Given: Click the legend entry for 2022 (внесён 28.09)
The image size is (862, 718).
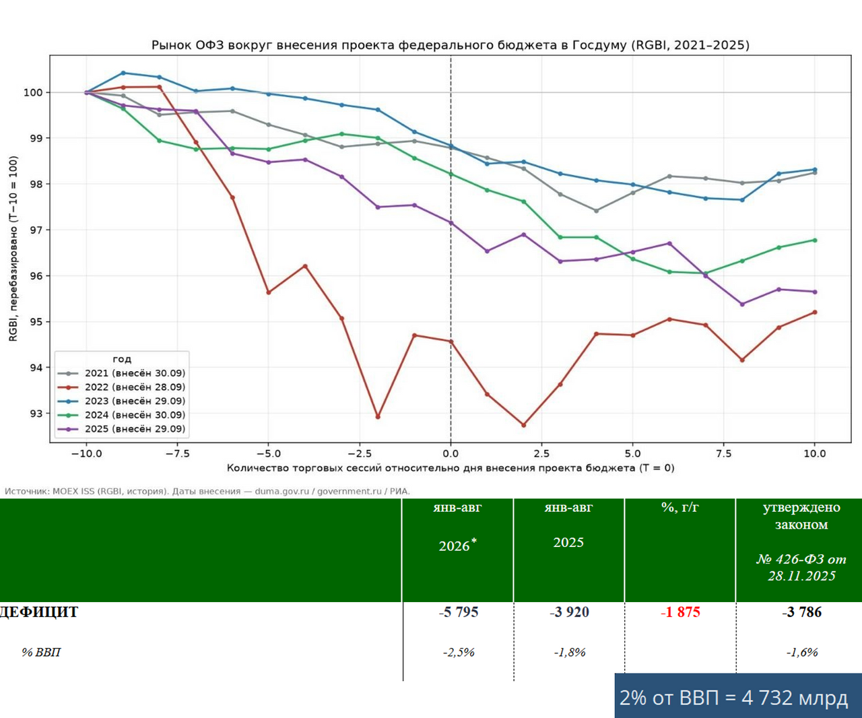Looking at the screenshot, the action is [121, 387].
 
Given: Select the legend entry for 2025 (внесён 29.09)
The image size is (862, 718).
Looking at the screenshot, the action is [121, 429].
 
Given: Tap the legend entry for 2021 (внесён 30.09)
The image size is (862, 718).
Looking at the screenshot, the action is [121, 373].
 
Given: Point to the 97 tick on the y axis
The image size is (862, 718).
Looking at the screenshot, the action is [37, 230].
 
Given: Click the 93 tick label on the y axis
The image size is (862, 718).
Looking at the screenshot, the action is [37, 414].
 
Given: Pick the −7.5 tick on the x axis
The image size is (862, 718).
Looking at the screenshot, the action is [178, 454].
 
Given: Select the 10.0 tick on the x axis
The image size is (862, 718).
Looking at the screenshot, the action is [815, 454].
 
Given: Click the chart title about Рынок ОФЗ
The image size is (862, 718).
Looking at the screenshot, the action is [451, 45].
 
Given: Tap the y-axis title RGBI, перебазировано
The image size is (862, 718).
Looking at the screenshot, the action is [13, 249].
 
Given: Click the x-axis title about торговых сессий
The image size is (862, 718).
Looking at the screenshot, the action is [451, 468].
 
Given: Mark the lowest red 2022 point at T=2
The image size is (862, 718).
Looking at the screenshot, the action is [523, 425].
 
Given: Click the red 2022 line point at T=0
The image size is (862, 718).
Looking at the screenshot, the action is [451, 341].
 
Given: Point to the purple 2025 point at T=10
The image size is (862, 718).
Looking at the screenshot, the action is [815, 292].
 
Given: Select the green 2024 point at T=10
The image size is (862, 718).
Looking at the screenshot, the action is [815, 240].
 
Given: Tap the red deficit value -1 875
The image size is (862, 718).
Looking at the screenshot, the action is [680, 612].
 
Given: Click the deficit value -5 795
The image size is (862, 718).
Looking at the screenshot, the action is [458, 612].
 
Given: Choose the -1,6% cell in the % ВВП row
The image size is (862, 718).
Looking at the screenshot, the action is [801, 653].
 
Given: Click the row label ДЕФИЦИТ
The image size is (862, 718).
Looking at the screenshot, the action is [38, 612].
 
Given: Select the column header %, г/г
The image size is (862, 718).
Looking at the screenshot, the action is [680, 507].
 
